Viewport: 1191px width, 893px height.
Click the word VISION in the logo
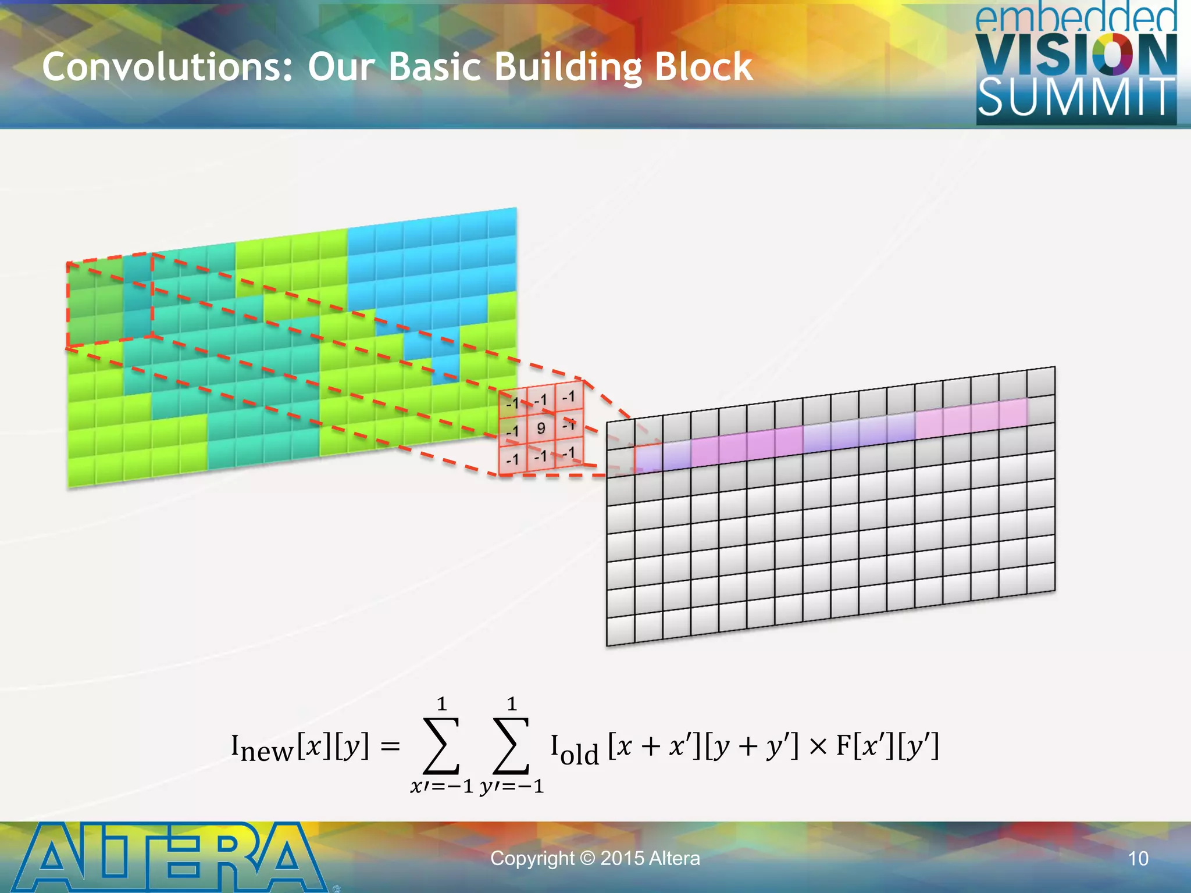pos(1076,55)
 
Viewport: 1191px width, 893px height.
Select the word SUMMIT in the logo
pos(1076,98)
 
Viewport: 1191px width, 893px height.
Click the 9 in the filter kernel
pos(541,428)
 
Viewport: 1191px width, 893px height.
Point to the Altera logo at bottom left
pos(169,857)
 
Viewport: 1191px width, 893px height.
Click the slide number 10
pos(1138,859)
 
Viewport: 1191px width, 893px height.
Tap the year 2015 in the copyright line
pos(622,859)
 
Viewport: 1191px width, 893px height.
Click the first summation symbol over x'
pos(441,746)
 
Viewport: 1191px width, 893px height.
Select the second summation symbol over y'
pos(511,746)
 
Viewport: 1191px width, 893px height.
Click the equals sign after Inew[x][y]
pos(390,746)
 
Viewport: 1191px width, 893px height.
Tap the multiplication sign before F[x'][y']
pos(818,746)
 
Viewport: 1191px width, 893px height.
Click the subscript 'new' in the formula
pos(267,751)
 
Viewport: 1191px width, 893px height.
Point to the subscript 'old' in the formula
pos(579,755)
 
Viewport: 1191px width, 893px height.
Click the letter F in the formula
pos(844,745)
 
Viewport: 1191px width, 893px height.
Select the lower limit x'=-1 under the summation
pos(441,787)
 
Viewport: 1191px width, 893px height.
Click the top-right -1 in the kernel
pos(569,397)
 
